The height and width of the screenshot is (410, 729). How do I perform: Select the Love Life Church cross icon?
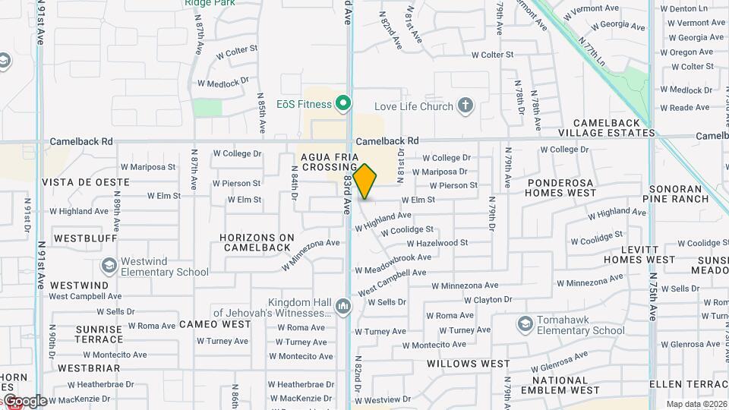pyautogui.click(x=465, y=106)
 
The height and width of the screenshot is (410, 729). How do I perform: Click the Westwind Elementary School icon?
pyautogui.click(x=109, y=266)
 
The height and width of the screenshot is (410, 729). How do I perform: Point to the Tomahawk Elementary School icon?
pyautogui.click(x=525, y=325)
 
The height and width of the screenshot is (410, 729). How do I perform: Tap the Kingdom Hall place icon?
pyautogui.click(x=342, y=307)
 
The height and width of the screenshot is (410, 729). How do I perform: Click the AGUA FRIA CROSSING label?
pyautogui.click(x=329, y=162)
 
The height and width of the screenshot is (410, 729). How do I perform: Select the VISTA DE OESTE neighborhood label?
pyautogui.click(x=86, y=182)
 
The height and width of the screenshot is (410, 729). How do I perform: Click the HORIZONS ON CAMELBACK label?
pyautogui.click(x=256, y=242)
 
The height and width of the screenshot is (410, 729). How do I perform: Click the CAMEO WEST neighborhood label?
pyautogui.click(x=215, y=324)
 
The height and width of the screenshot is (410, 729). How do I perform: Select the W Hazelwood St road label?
pyautogui.click(x=437, y=243)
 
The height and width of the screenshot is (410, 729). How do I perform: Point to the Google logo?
pyautogui.click(x=24, y=401)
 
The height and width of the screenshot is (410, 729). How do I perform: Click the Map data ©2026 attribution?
pyautogui.click(x=696, y=405)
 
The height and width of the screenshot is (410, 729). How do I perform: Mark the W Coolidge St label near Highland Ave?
pyautogui.click(x=407, y=230)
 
